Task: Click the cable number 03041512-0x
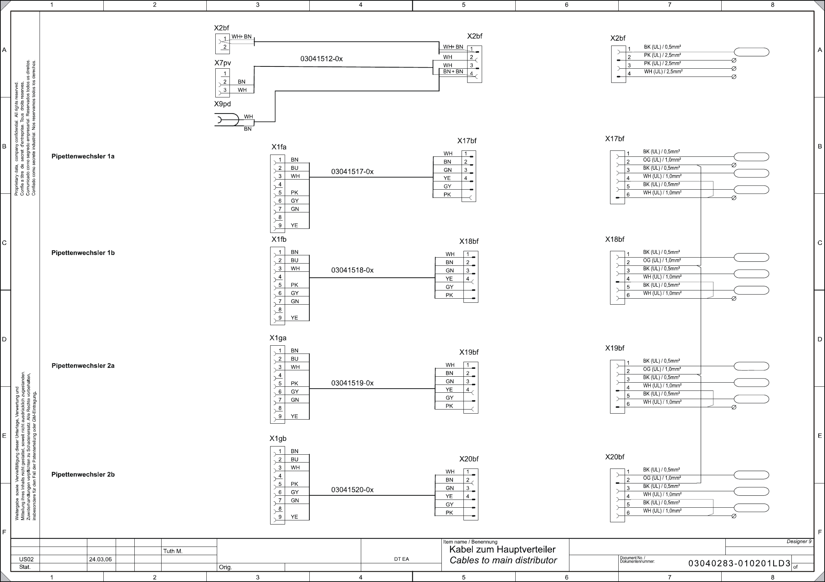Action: [321, 59]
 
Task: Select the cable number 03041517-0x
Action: [352, 172]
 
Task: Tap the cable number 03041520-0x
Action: [352, 490]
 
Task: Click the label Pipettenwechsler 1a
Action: [83, 156]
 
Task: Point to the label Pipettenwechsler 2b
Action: [83, 474]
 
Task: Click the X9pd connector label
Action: [222, 104]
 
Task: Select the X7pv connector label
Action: [222, 63]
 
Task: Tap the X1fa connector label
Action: [279, 147]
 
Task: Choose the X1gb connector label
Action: [278, 439]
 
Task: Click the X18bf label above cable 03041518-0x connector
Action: [469, 242]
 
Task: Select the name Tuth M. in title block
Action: [173, 551]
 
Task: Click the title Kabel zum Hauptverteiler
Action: [502, 550]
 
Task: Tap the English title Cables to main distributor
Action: [503, 560]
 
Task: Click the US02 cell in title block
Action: [26, 559]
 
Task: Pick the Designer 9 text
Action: [799, 542]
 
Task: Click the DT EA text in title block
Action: [401, 559]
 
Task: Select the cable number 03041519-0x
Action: [352, 383]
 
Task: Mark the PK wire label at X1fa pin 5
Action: [294, 193]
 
